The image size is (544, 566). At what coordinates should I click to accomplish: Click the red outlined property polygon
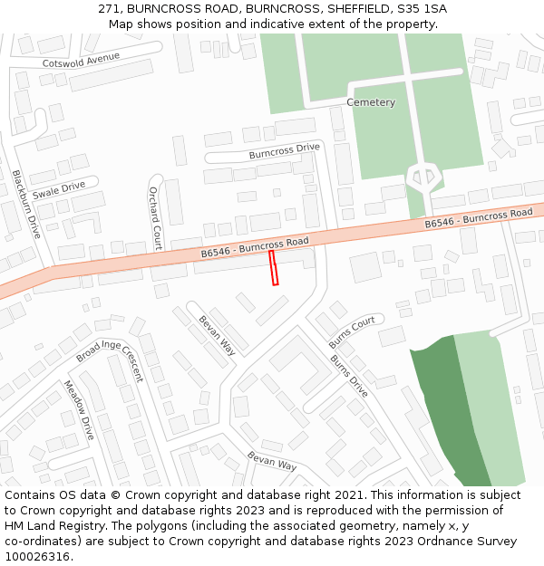pyautogui.click(x=274, y=268)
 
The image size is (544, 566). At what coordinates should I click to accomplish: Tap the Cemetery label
pyautogui.click(x=371, y=102)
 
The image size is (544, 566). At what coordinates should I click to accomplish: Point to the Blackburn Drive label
pyautogui.click(x=27, y=204)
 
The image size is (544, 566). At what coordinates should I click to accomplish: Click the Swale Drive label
pyautogui.click(x=58, y=190)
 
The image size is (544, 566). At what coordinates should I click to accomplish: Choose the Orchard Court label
pyautogui.click(x=154, y=218)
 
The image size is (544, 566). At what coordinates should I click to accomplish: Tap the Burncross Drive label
pyautogui.click(x=285, y=151)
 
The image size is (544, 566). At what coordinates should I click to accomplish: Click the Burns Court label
pyautogui.click(x=352, y=332)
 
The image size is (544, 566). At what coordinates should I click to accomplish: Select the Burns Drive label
pyautogui.click(x=349, y=376)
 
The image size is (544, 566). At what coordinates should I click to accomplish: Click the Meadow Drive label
pyautogui.click(x=79, y=410)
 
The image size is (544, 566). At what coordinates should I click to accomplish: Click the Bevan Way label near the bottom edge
pyautogui.click(x=272, y=459)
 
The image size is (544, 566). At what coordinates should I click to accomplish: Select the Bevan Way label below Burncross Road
pyautogui.click(x=217, y=332)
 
